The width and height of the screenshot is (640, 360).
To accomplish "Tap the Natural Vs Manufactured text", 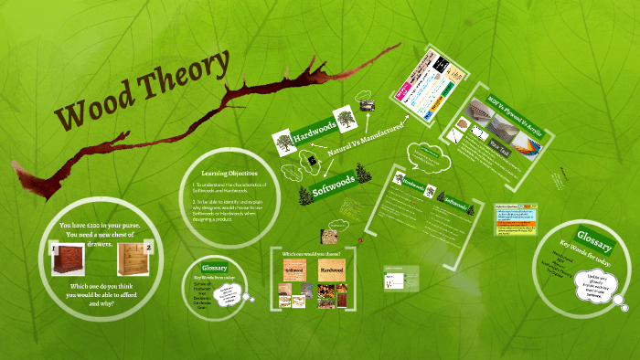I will (366, 142).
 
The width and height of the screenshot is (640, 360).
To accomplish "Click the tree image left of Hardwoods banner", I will (283, 142).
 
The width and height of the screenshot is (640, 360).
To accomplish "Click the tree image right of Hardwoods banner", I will (344, 118).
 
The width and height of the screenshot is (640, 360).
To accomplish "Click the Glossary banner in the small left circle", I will (214, 266).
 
